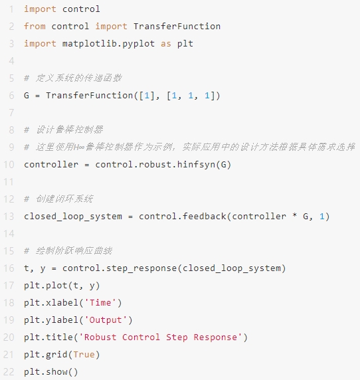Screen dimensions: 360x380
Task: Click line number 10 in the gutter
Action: pos(9,165)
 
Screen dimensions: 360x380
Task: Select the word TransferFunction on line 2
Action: pos(177,26)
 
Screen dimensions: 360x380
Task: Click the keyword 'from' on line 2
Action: pos(35,26)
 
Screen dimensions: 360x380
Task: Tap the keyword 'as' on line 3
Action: pos(166,44)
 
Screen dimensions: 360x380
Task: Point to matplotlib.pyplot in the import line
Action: pos(108,44)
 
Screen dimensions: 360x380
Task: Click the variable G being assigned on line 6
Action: pos(27,96)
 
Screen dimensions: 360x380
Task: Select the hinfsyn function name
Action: pos(196,165)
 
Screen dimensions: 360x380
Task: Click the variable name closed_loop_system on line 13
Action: pos(73,217)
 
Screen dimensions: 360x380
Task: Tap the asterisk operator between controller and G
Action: pos(295,215)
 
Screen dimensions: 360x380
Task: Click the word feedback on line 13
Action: pos(204,216)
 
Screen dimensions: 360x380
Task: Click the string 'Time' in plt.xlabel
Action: pos(100,303)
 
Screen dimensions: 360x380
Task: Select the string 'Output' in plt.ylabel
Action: pos(106,320)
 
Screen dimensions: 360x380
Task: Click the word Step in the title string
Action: pos(177,337)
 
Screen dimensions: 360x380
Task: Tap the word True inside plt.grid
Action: pos(84,355)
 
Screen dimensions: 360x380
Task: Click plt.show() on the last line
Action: pos(51,372)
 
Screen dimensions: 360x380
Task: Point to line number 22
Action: pos(9,372)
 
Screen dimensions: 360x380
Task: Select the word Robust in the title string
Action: pos(100,337)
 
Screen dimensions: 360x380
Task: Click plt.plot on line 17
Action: pos(45,286)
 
